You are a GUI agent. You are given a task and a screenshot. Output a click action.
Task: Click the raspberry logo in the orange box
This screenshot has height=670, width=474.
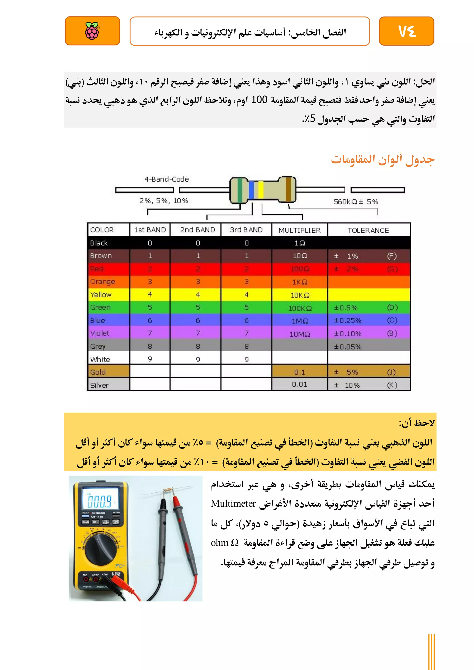point(92,31)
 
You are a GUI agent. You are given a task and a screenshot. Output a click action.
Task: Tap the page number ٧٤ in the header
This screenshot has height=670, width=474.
point(407,31)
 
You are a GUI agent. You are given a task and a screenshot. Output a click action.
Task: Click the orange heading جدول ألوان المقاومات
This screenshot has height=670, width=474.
point(382,160)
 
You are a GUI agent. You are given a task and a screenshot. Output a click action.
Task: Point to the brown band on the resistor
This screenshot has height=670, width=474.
point(288,190)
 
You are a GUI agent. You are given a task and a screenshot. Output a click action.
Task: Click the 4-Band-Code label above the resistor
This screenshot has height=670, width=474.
point(167,179)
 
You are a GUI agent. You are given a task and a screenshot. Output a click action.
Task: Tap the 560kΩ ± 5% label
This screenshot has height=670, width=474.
point(356,202)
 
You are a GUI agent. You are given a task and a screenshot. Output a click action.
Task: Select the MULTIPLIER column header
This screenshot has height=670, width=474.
point(299,230)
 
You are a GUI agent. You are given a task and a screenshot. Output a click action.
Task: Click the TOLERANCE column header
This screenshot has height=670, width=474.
point(368,230)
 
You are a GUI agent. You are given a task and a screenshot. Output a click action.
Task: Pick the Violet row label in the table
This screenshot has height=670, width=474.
point(100,333)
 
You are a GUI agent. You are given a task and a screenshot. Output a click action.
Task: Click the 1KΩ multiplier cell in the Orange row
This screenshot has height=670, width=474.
point(300,282)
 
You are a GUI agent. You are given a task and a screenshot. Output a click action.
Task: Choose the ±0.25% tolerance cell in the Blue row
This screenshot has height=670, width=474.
point(348,321)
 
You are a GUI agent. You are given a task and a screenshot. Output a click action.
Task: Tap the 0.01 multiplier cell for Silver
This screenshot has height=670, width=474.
point(300,385)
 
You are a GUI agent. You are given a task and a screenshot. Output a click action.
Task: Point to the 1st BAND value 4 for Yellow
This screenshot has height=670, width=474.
point(150,294)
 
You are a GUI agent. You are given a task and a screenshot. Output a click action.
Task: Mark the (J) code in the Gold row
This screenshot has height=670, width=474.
point(391,372)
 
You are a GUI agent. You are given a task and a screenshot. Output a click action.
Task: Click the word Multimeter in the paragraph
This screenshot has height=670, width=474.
point(234,503)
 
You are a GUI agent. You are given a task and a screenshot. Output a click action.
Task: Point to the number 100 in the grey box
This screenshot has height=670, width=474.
point(259,100)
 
